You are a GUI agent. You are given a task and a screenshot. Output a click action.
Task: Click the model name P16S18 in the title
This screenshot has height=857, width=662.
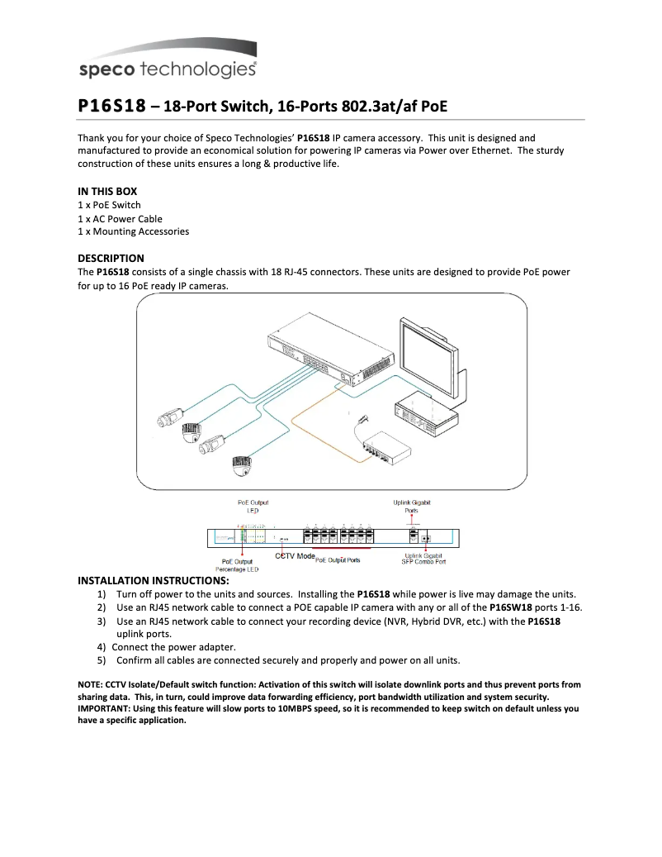[111, 106]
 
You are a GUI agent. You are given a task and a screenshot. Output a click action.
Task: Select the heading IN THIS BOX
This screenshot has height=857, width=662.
[107, 191]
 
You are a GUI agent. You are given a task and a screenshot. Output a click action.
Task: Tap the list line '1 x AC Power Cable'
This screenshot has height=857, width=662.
[120, 219]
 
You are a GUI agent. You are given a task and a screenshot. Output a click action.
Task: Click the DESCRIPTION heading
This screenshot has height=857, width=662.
[111, 258]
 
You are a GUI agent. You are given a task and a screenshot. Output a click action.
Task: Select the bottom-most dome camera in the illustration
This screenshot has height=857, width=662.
[240, 467]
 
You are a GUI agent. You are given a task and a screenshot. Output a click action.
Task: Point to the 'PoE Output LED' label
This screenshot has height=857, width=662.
[253, 506]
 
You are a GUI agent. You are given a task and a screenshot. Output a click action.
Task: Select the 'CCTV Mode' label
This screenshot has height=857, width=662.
[295, 558]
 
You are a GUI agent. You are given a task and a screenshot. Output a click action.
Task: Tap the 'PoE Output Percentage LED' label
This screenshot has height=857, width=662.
[238, 565]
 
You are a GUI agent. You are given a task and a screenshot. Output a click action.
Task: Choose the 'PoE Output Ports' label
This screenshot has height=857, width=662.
[338, 560]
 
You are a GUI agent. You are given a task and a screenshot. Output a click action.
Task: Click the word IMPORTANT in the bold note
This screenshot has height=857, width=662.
[104, 708]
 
